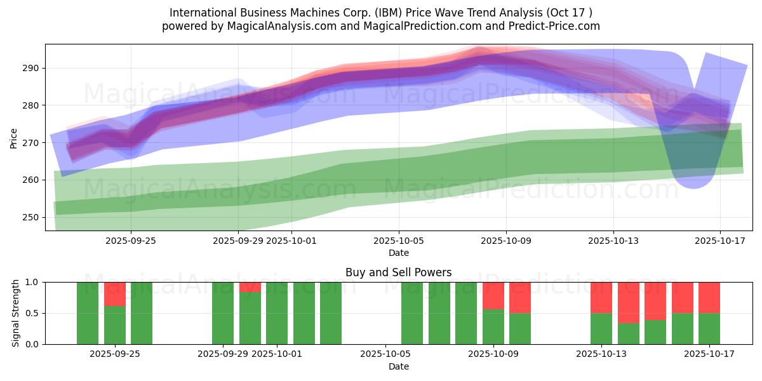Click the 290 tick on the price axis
[31, 68]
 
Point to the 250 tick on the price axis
[31, 217]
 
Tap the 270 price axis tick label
[31, 143]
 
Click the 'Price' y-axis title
[14, 137]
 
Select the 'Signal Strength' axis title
[16, 313]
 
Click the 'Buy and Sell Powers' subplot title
[398, 272]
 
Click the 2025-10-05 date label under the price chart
[398, 241]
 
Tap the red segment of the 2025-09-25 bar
[115, 294]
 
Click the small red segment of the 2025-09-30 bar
[250, 286]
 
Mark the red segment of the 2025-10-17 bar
[709, 297]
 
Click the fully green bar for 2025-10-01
[277, 313]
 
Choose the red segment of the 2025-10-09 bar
[493, 295]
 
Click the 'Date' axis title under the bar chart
[398, 366]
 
